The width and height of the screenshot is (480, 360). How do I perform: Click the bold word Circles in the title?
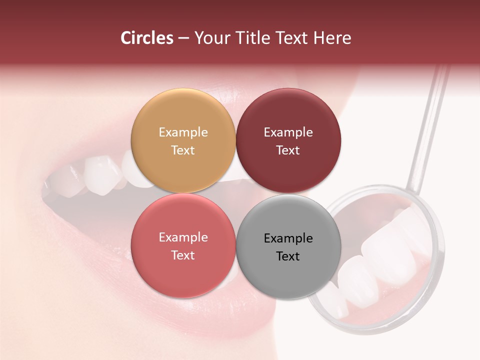click(x=147, y=38)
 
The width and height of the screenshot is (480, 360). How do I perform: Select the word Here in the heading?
click(x=332, y=38)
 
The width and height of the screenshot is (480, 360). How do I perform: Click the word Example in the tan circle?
click(x=183, y=132)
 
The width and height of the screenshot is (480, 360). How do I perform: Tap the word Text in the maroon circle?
click(x=288, y=150)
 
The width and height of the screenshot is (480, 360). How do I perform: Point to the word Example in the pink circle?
click(x=183, y=237)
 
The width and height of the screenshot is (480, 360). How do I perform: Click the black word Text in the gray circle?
click(x=288, y=256)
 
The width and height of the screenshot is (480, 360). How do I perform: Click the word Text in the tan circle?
click(x=183, y=150)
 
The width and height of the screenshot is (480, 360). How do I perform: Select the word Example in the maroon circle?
click(x=288, y=132)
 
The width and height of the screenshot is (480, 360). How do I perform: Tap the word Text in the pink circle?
click(x=183, y=255)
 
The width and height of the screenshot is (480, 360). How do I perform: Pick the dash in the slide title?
click(x=183, y=38)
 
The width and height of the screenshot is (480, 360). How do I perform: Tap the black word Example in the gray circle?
click(x=288, y=238)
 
